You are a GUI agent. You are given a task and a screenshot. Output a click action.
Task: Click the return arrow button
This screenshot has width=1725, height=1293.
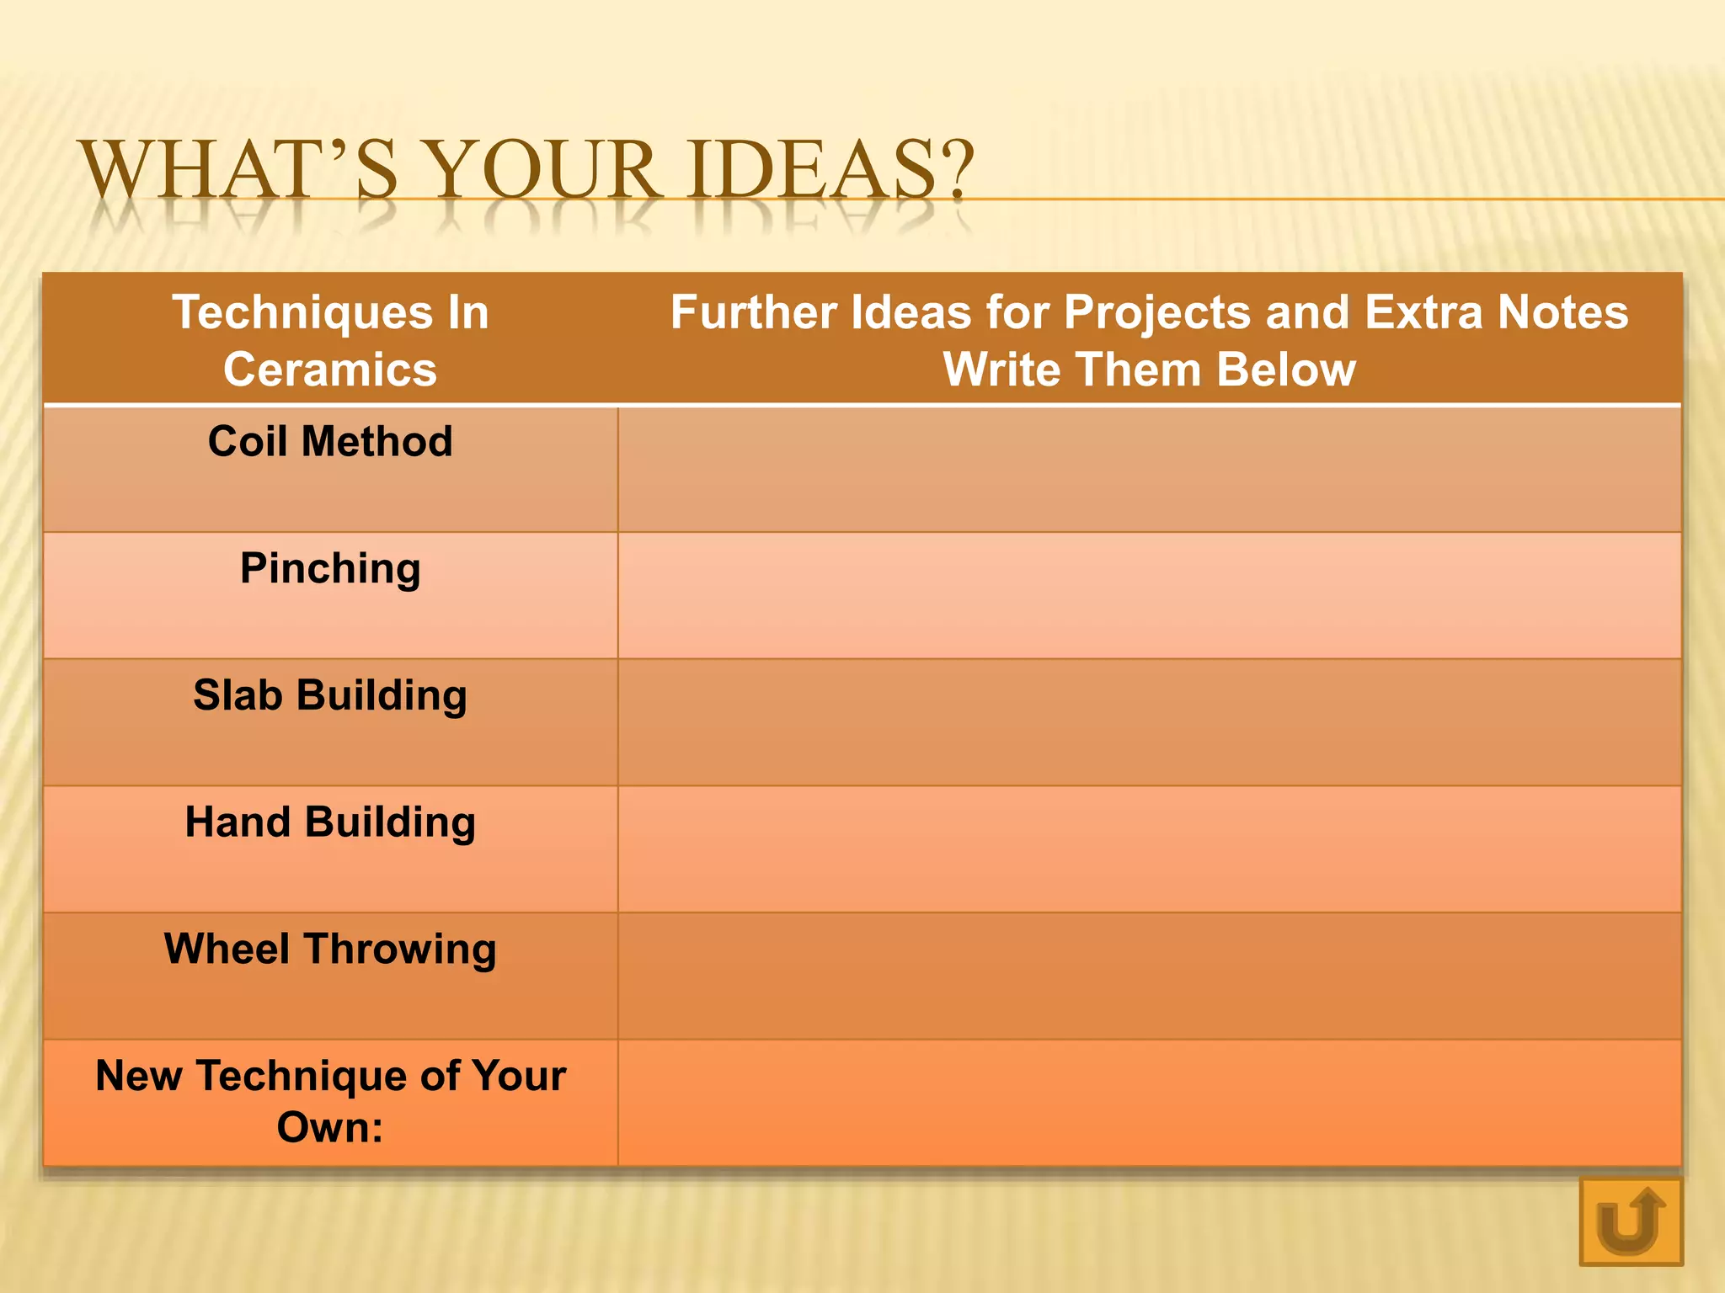1630,1221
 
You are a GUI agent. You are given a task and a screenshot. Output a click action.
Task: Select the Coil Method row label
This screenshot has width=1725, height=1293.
330,441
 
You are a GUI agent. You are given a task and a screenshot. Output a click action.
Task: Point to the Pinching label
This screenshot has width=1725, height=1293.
330,568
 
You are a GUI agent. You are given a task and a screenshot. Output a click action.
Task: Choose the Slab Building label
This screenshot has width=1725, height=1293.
330,695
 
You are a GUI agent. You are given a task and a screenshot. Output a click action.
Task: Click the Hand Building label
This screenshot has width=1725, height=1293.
330,822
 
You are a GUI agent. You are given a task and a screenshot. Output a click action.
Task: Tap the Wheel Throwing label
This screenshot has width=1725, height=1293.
330,949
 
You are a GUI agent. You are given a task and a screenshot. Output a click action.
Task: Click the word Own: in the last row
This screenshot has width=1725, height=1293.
330,1127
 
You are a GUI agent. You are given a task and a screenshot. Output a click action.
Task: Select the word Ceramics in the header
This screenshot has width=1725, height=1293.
330,370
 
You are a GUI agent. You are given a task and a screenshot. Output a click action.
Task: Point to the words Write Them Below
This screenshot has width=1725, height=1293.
1149,370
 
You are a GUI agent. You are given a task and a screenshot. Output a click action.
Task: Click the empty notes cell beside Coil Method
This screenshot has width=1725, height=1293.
1149,470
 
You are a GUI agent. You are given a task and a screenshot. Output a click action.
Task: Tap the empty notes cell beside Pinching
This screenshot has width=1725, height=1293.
1149,596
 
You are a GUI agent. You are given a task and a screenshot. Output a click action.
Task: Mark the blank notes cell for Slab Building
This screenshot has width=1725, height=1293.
1149,722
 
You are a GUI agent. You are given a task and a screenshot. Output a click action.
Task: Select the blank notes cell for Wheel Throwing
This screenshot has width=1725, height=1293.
1149,976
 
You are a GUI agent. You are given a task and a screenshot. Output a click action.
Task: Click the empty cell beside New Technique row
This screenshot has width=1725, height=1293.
1149,1103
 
